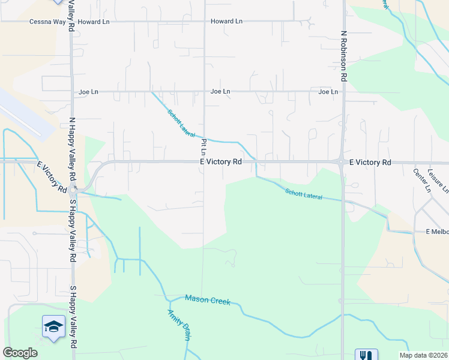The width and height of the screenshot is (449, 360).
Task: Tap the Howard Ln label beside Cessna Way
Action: [x=93, y=22]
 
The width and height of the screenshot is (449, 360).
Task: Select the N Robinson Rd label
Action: [x=344, y=56]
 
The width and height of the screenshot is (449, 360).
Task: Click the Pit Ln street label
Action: [x=204, y=145]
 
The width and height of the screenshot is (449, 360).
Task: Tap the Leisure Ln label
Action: [x=438, y=180]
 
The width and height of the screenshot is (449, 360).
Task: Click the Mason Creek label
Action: [x=208, y=299]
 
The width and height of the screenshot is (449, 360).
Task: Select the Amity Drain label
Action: [x=178, y=325]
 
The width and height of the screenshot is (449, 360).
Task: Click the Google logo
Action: [x=20, y=353]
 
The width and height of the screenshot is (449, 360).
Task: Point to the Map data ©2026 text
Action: [x=423, y=355]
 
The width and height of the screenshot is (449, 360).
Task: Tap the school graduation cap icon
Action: [x=53, y=326]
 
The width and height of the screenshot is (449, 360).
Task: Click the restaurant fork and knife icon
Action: [x=366, y=355]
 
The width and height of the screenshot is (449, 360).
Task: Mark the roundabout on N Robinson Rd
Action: [x=341, y=162]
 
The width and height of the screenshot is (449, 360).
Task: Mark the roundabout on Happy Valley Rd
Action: [x=73, y=192]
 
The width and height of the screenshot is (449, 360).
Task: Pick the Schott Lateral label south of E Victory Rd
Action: [x=303, y=194]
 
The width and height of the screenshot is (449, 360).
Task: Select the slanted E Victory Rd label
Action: [x=52, y=177]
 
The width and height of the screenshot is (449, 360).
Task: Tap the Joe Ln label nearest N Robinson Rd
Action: [x=328, y=92]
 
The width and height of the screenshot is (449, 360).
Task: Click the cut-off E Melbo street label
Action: [x=436, y=232]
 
